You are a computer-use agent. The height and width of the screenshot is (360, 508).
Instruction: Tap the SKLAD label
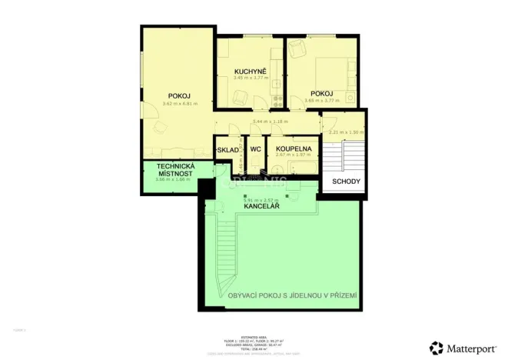tap(228, 149)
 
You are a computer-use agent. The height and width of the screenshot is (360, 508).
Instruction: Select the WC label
tap(256, 149)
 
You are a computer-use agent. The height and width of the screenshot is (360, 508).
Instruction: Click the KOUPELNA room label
tap(293, 148)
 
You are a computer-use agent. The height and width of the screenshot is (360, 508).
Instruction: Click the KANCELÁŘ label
tap(261, 207)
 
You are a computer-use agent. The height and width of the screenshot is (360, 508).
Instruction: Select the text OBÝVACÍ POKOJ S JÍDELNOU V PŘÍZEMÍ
tap(292, 295)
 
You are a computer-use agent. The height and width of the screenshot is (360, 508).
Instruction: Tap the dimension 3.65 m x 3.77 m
tap(320, 99)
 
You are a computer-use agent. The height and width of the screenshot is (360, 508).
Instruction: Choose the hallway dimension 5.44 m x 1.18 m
tap(269, 121)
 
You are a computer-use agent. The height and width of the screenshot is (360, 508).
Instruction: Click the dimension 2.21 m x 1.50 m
tap(344, 132)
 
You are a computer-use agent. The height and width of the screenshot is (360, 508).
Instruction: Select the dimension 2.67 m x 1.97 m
tap(292, 155)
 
